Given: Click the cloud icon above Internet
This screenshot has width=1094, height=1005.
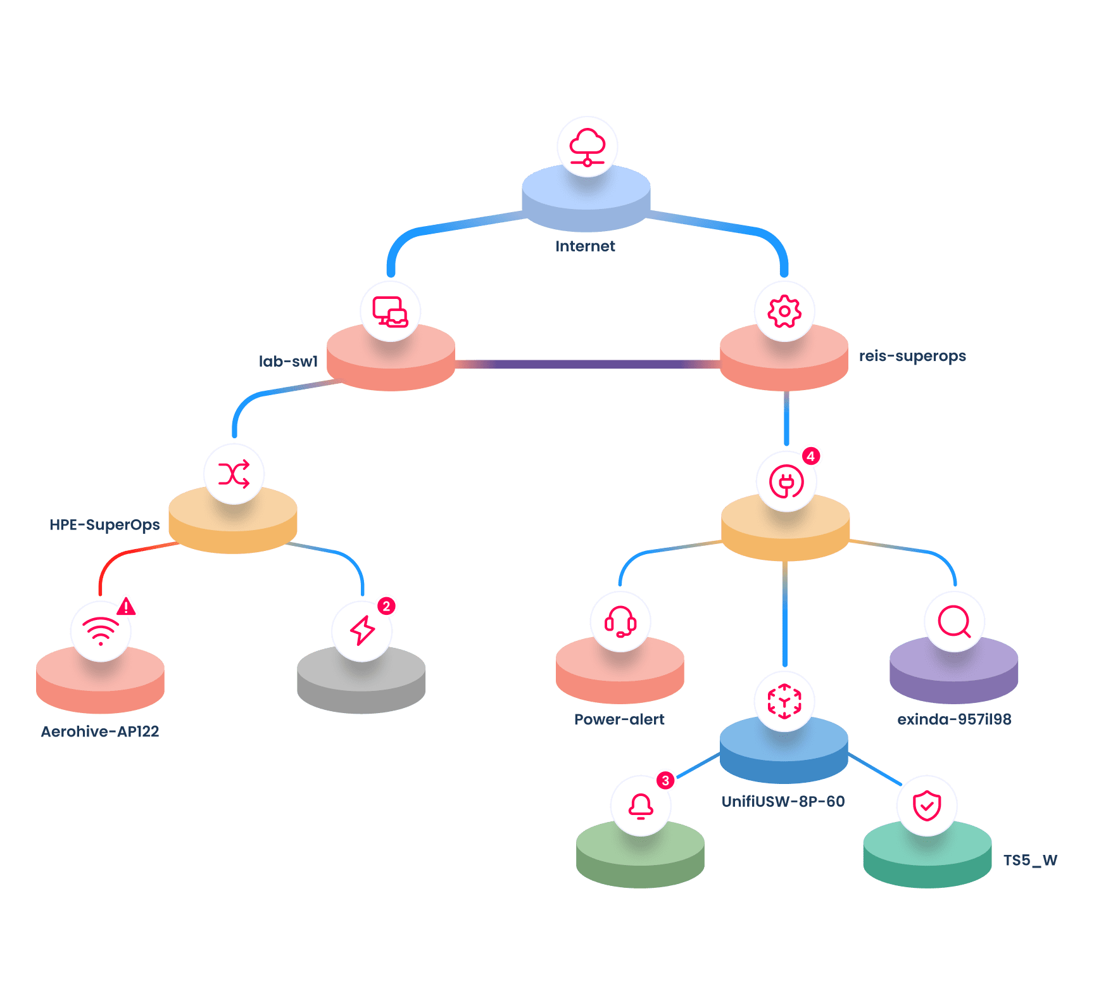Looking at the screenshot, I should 588,147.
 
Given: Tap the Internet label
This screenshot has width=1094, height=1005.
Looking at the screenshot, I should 585,246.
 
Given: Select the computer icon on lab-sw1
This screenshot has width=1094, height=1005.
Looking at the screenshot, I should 390,312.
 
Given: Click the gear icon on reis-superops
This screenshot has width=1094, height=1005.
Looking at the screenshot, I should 784,312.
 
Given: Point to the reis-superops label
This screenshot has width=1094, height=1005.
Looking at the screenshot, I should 912,356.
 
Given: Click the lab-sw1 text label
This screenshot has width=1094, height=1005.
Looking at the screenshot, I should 289,362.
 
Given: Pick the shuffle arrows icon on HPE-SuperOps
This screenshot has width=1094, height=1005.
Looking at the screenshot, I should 234,474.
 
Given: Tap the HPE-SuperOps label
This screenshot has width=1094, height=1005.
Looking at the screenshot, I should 104,525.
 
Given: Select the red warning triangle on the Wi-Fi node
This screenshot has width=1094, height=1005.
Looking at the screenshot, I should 127,607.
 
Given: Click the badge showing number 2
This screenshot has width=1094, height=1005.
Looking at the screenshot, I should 386,606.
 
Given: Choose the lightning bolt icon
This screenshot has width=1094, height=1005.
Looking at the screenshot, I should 362,631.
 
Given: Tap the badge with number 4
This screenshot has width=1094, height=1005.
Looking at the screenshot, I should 810,456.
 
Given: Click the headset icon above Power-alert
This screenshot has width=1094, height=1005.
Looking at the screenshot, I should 620,621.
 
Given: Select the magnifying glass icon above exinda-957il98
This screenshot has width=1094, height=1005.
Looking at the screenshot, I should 954,621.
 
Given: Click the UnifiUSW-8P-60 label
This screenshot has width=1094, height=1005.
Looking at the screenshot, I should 783,802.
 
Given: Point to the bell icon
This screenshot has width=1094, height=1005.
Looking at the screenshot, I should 641,806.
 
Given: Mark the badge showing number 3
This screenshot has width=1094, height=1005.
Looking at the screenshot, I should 665,780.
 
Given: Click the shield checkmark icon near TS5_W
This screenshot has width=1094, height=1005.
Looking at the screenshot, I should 927,806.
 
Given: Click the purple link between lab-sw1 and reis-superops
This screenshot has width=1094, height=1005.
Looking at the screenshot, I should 588,364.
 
